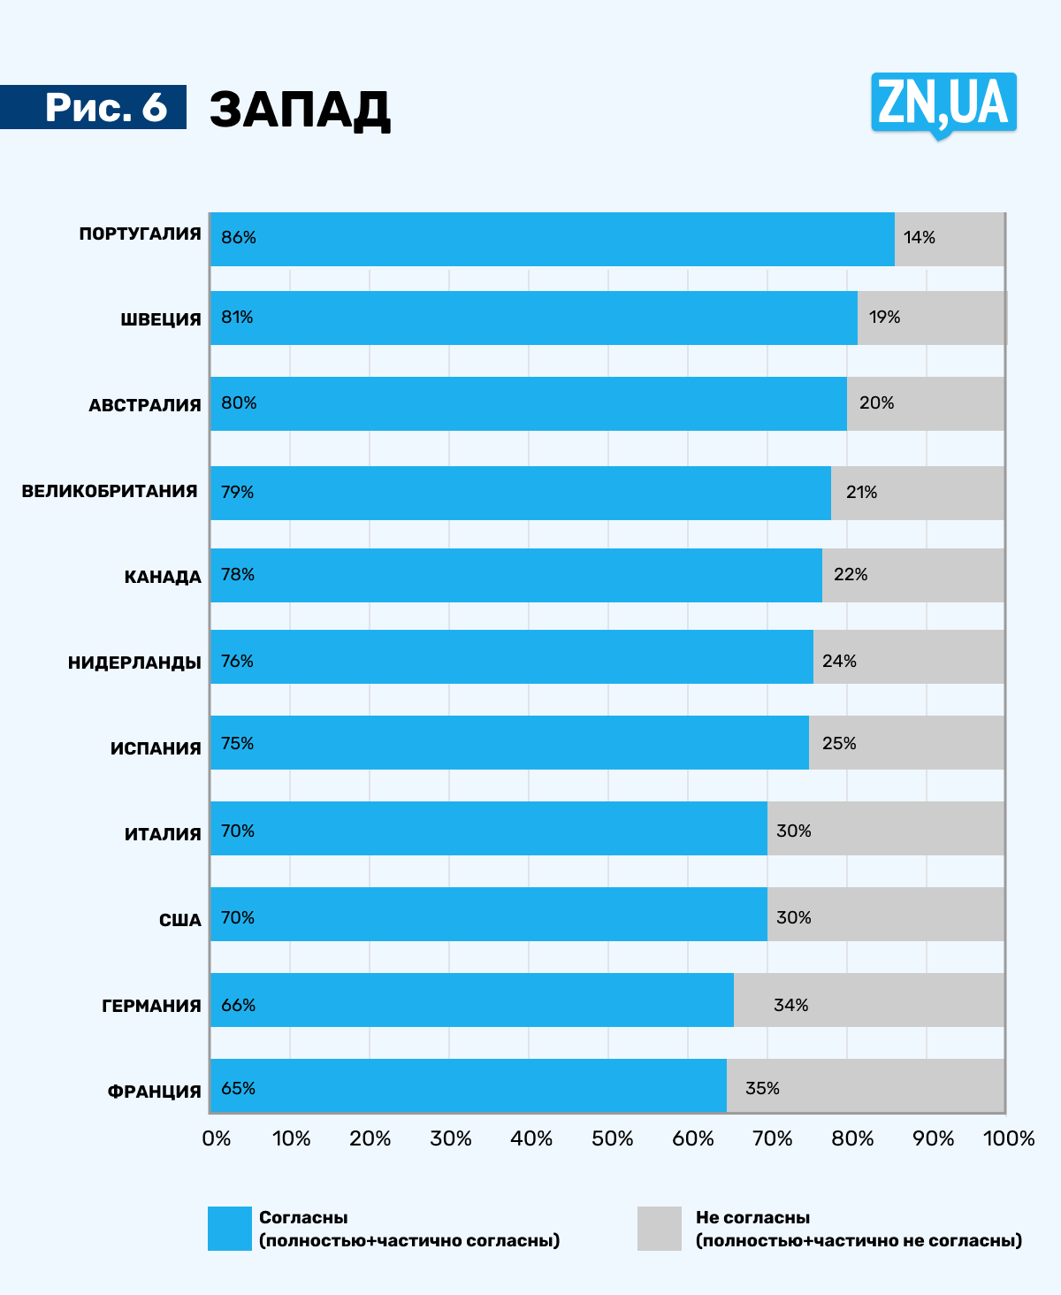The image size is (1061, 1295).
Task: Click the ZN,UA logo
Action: click(x=943, y=104)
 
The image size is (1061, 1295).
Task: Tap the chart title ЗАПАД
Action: click(x=300, y=110)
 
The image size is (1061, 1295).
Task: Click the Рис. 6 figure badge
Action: click(x=104, y=107)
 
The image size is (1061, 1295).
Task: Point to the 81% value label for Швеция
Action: click(x=237, y=318)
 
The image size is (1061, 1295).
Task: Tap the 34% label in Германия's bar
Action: click(x=790, y=1005)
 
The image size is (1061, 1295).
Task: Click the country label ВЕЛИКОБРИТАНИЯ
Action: click(x=110, y=491)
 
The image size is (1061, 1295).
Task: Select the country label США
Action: click(x=180, y=920)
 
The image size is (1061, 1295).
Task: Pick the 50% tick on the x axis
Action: click(x=612, y=1138)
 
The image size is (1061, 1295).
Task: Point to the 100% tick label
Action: click(x=1009, y=1138)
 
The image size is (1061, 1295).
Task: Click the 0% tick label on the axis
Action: click(x=217, y=1138)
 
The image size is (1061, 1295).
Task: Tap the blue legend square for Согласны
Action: click(x=230, y=1229)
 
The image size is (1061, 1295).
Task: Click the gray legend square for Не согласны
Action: click(x=660, y=1229)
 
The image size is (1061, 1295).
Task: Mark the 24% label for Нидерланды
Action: click(x=839, y=661)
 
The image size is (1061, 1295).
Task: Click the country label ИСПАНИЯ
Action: click(x=156, y=748)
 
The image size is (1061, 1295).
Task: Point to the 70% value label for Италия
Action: click(x=238, y=831)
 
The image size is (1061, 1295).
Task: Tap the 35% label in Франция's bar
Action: click(x=762, y=1088)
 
